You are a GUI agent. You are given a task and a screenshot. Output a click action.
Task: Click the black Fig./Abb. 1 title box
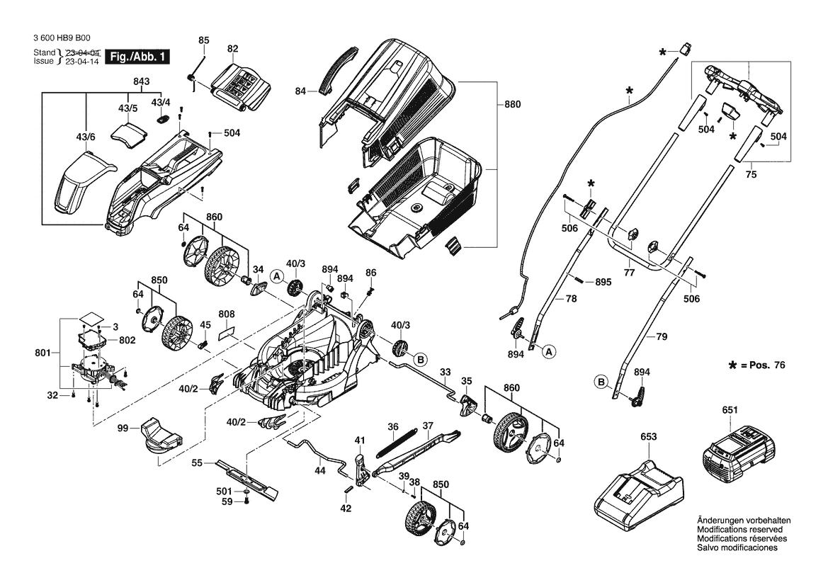(137, 57)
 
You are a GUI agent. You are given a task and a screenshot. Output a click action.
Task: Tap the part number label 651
(730, 409)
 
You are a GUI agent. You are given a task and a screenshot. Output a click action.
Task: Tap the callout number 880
(512, 105)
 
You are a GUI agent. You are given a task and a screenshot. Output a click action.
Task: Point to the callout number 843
(141, 81)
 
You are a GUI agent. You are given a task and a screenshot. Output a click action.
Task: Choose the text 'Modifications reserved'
(739, 530)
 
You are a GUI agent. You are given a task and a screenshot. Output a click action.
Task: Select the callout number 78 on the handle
(571, 298)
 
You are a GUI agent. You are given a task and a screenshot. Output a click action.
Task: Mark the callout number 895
(603, 282)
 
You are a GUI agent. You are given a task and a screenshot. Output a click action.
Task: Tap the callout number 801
(42, 353)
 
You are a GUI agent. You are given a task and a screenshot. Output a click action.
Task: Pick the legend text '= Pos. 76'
(763, 365)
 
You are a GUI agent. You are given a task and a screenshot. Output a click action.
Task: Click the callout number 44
(320, 470)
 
